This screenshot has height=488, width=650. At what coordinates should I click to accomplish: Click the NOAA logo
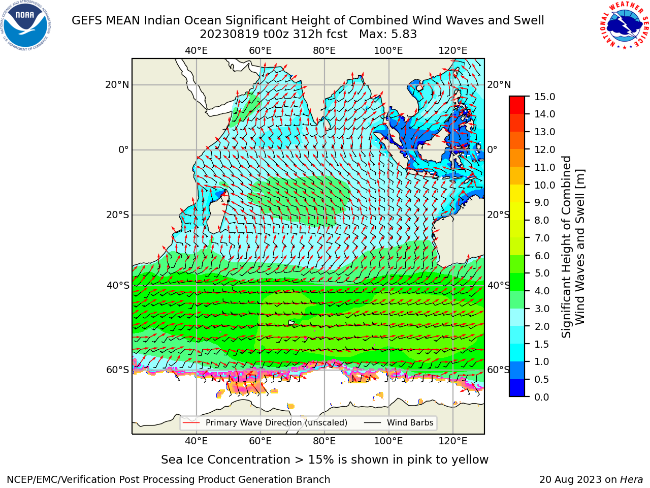click(x=26, y=26)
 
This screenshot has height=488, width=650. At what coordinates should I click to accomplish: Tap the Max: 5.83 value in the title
click(x=388, y=35)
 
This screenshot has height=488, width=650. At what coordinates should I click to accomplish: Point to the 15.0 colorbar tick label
click(x=544, y=97)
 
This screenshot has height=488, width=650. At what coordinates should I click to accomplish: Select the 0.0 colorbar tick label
click(x=542, y=397)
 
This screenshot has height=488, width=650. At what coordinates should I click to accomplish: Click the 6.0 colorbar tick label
click(x=542, y=256)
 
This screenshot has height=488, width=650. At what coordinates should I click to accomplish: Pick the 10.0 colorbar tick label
click(x=544, y=185)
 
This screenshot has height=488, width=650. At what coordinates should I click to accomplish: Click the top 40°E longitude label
click(x=197, y=51)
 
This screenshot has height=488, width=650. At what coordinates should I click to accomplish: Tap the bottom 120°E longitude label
click(x=453, y=441)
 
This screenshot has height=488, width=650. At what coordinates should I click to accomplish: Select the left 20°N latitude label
click(x=117, y=85)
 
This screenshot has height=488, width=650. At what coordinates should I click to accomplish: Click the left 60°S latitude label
click(x=118, y=370)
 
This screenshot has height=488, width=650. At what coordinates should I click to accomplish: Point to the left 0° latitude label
click(x=123, y=149)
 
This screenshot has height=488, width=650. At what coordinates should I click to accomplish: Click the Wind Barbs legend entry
click(x=399, y=422)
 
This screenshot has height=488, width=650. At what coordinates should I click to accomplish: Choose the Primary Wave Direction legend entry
click(x=265, y=422)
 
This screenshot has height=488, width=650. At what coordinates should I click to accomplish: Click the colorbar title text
click(x=573, y=247)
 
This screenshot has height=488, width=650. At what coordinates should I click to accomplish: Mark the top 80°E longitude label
click(x=324, y=51)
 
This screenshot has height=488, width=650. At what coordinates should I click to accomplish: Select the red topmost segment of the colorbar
click(x=517, y=101)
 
